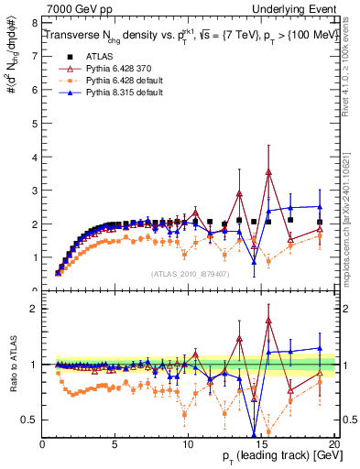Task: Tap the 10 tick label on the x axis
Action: pos(189,443)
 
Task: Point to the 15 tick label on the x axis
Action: pos(261,443)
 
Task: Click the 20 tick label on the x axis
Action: pos(333,443)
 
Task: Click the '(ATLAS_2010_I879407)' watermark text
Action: pos(190,272)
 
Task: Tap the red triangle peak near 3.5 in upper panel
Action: pos(268,171)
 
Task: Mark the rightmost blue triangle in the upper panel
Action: pos(320,207)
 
